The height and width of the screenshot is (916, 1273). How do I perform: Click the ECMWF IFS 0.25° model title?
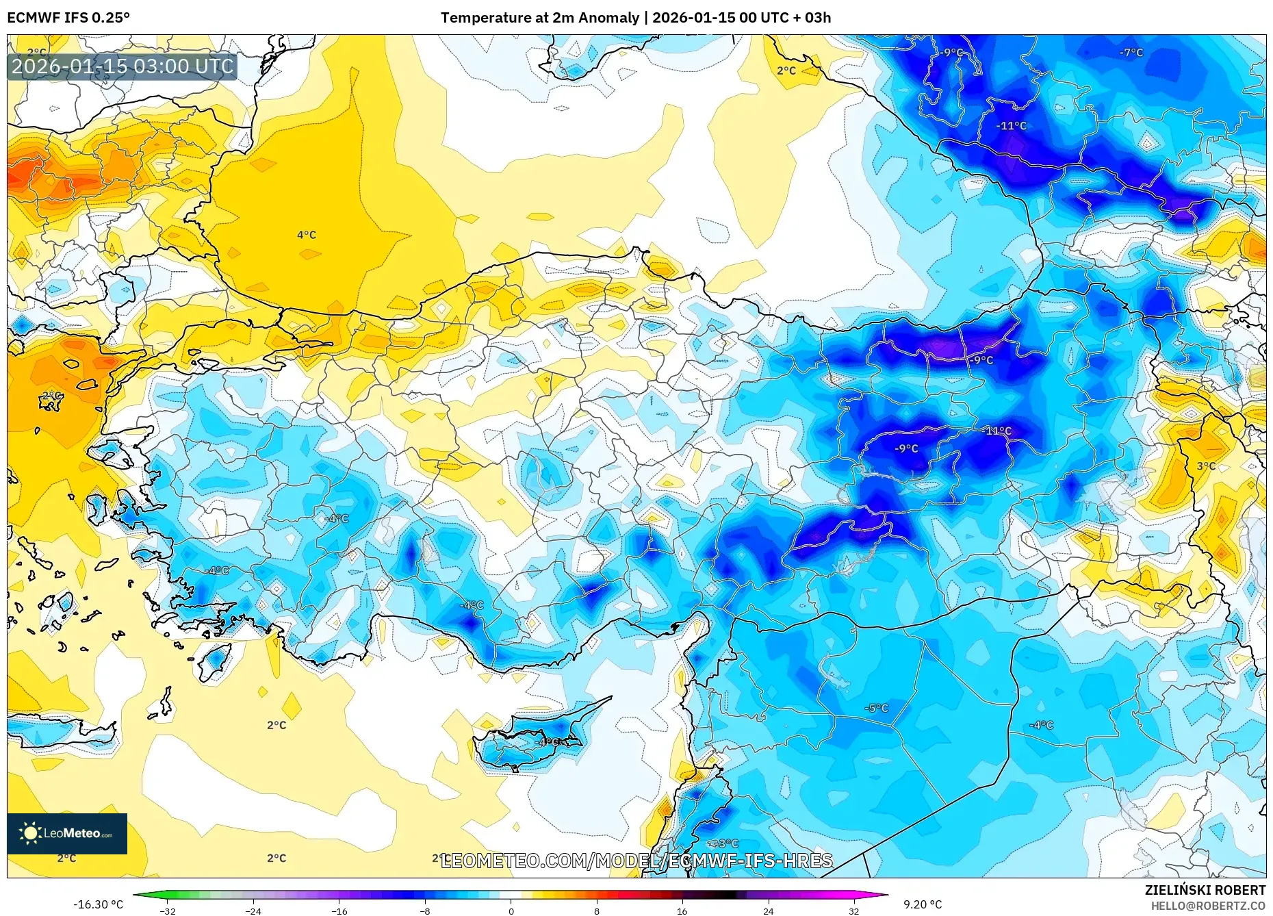coord(68,18)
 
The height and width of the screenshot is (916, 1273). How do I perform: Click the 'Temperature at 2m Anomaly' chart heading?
coord(540,18)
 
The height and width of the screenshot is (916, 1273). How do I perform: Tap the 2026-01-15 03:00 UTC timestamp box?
coord(123,66)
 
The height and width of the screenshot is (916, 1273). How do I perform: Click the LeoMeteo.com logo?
coord(67,833)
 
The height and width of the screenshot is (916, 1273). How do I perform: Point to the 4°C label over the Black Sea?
coord(306,235)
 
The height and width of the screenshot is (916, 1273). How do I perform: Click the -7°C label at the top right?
coord(1131,53)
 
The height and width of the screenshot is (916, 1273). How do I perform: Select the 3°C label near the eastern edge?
coord(1206,466)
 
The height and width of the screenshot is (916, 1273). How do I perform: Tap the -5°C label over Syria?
coord(876,708)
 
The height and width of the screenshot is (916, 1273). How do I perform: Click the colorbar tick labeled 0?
coord(511,911)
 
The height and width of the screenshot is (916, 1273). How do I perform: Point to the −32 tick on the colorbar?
coord(168,911)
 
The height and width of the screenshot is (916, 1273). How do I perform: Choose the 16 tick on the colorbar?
coord(682,911)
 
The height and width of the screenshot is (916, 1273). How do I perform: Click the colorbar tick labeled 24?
coord(768,911)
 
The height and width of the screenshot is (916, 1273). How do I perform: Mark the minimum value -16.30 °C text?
coord(99,904)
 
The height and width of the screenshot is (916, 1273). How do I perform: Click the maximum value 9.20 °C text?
coord(923,904)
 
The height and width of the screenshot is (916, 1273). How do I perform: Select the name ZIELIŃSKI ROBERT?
coord(1205,890)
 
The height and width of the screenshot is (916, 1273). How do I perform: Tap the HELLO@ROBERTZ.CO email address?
coord(1207,906)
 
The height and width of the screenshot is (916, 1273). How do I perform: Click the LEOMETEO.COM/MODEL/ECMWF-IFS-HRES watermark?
coord(636,861)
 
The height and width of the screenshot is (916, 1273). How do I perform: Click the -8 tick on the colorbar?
coord(425,911)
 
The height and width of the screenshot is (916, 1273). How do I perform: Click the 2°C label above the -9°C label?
coord(786,71)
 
